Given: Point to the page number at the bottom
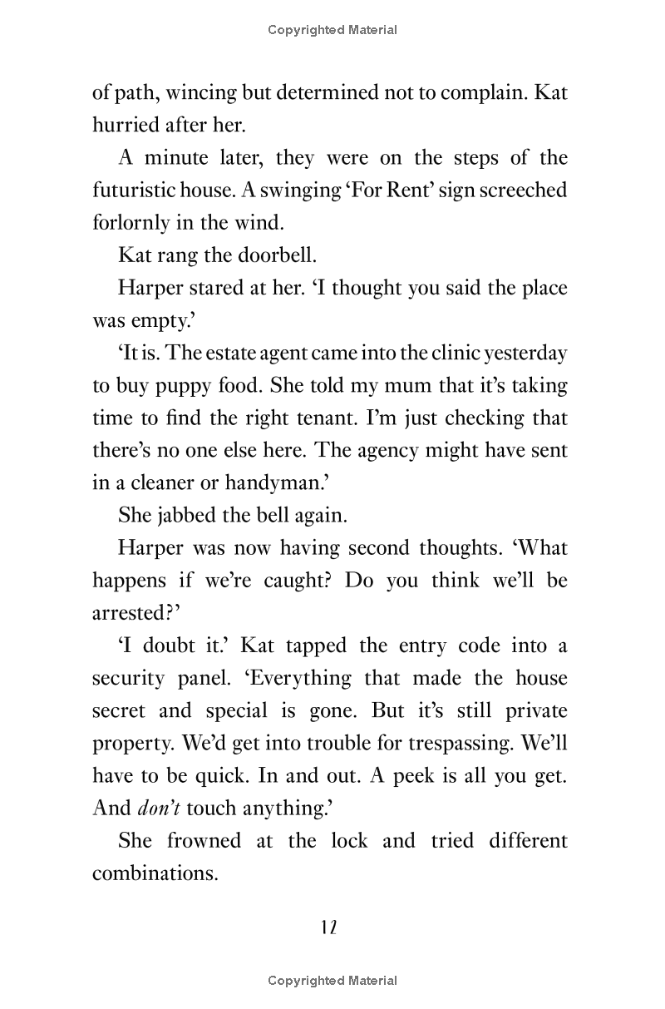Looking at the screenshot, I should click(328, 927).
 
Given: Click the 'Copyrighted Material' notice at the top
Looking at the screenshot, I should click(332, 30).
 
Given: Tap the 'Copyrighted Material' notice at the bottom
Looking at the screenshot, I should click(332, 982).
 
